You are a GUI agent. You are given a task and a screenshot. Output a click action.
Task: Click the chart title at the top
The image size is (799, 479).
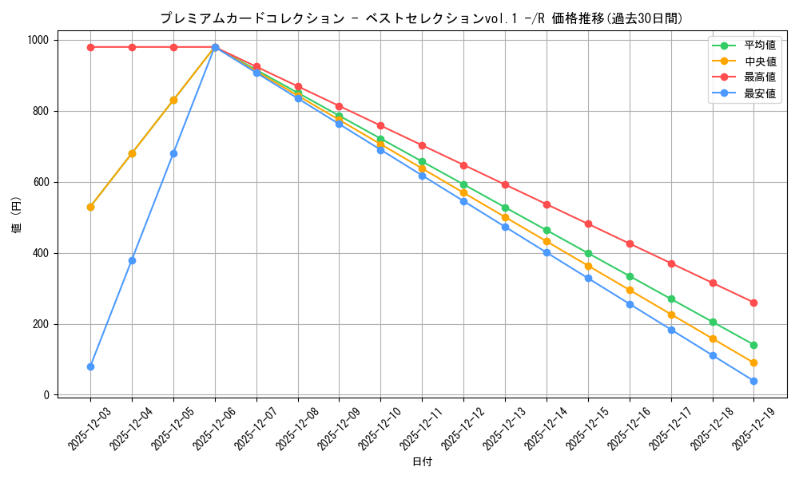point(422,18)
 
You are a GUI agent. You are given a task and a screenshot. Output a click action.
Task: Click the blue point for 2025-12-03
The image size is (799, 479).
point(90,366)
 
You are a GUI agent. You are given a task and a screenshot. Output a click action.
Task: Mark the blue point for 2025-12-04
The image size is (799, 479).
point(132,260)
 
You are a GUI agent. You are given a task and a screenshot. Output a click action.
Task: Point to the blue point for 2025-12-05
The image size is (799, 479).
point(173,153)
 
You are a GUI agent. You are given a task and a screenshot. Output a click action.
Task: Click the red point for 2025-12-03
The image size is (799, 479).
point(90,47)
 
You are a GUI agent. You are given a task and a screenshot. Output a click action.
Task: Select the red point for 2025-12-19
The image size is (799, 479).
point(753,303)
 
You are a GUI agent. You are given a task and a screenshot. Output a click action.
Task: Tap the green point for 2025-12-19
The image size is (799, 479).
point(753,345)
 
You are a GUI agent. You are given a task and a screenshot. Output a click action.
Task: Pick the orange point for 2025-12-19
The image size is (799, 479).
point(753,362)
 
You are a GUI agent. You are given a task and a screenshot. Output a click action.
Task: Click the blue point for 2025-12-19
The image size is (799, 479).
point(753,381)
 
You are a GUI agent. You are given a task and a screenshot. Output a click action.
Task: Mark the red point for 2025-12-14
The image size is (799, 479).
point(547,204)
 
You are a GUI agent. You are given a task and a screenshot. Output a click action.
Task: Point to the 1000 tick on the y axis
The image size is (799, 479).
point(38,40)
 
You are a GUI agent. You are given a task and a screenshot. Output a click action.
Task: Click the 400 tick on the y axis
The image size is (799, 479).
point(42,253)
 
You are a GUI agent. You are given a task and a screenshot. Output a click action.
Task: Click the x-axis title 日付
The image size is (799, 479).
point(422,462)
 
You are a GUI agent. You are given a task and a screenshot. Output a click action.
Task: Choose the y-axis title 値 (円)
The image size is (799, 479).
point(17,217)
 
